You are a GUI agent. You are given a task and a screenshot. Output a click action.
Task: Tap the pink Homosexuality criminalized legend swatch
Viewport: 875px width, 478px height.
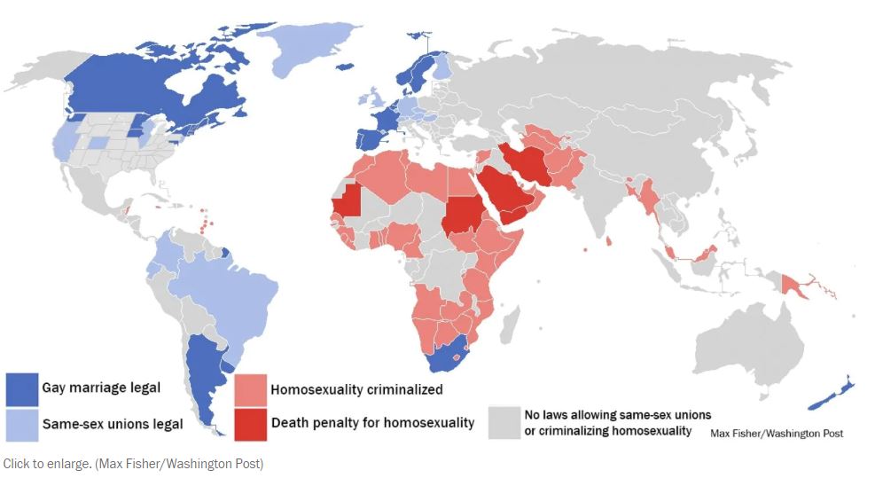pos(251,389)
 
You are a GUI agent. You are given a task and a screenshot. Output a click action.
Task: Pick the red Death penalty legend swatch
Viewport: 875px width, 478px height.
pos(251,423)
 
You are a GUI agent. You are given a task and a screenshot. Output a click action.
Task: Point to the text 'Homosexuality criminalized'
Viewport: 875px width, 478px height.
pos(356,389)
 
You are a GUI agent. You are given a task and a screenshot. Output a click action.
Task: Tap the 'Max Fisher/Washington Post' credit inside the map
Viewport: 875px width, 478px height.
pos(777,433)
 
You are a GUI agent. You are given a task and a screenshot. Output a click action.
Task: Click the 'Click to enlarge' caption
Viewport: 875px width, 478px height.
pos(133,464)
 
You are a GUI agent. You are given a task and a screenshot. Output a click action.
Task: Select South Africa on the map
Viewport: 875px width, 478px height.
pos(453,355)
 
